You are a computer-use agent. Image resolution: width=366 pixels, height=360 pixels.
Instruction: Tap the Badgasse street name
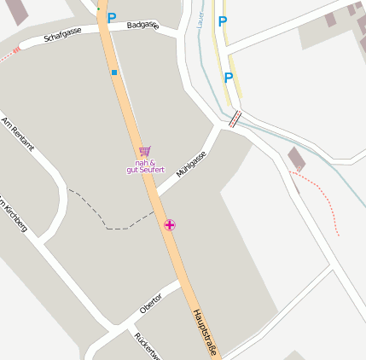click(x=142, y=26)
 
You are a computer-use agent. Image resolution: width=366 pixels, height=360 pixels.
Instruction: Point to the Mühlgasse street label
click(x=191, y=163)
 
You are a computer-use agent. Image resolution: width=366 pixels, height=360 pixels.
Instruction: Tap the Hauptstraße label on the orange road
click(x=207, y=333)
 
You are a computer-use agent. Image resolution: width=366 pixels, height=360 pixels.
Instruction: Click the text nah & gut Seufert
click(x=145, y=166)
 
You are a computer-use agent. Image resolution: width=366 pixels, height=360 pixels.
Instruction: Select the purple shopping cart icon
click(x=144, y=151)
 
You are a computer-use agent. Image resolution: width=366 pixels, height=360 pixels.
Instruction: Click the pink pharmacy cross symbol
click(x=171, y=224)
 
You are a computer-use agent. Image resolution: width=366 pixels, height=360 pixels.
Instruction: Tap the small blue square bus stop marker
click(x=114, y=73)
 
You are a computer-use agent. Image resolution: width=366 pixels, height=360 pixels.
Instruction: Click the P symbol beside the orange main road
click(x=111, y=16)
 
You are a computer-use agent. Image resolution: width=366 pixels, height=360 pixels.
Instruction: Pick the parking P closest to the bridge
click(x=229, y=78)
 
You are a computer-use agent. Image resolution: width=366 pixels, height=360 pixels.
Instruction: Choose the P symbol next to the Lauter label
click(x=223, y=21)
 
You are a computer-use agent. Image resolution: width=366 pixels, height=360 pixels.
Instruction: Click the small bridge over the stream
click(x=235, y=119)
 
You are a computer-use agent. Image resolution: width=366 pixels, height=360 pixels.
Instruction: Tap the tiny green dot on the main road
click(x=98, y=9)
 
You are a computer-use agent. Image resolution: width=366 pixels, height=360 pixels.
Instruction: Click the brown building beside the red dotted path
click(x=297, y=159)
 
